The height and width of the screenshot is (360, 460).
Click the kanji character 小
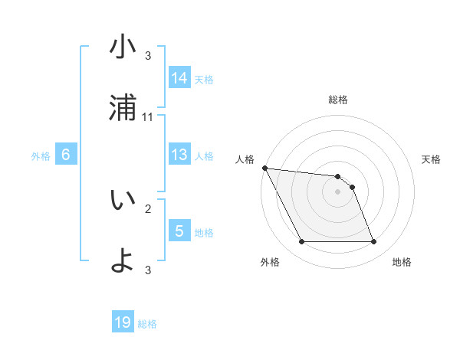tap(123, 47)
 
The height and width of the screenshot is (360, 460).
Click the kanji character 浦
tap(123, 108)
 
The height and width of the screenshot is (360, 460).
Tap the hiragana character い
tap(123, 200)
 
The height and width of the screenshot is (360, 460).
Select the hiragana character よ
tap(123, 260)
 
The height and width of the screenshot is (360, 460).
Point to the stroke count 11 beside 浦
tap(148, 116)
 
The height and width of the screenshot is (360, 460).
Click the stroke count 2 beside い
tap(148, 208)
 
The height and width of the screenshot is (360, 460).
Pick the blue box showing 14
tap(179, 78)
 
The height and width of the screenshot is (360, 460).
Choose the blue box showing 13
tap(179, 155)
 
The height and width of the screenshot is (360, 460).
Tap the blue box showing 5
tap(179, 231)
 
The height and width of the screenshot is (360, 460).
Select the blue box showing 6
tap(66, 155)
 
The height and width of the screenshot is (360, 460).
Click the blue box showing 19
tap(123, 323)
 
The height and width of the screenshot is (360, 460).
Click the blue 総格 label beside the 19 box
tap(147, 324)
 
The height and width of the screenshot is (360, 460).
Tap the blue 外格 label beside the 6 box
tap(41, 156)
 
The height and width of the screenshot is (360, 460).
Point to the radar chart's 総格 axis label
tap(338, 100)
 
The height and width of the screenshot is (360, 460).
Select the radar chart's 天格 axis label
tap(432, 159)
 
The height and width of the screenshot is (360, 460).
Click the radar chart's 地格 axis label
tap(402, 262)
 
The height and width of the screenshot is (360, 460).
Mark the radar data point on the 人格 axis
tap(264, 169)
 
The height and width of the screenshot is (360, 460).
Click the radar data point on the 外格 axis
tap(301, 242)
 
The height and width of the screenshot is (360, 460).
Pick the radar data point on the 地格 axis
tap(373, 242)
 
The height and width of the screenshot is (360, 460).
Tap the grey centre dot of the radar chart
tap(338, 192)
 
